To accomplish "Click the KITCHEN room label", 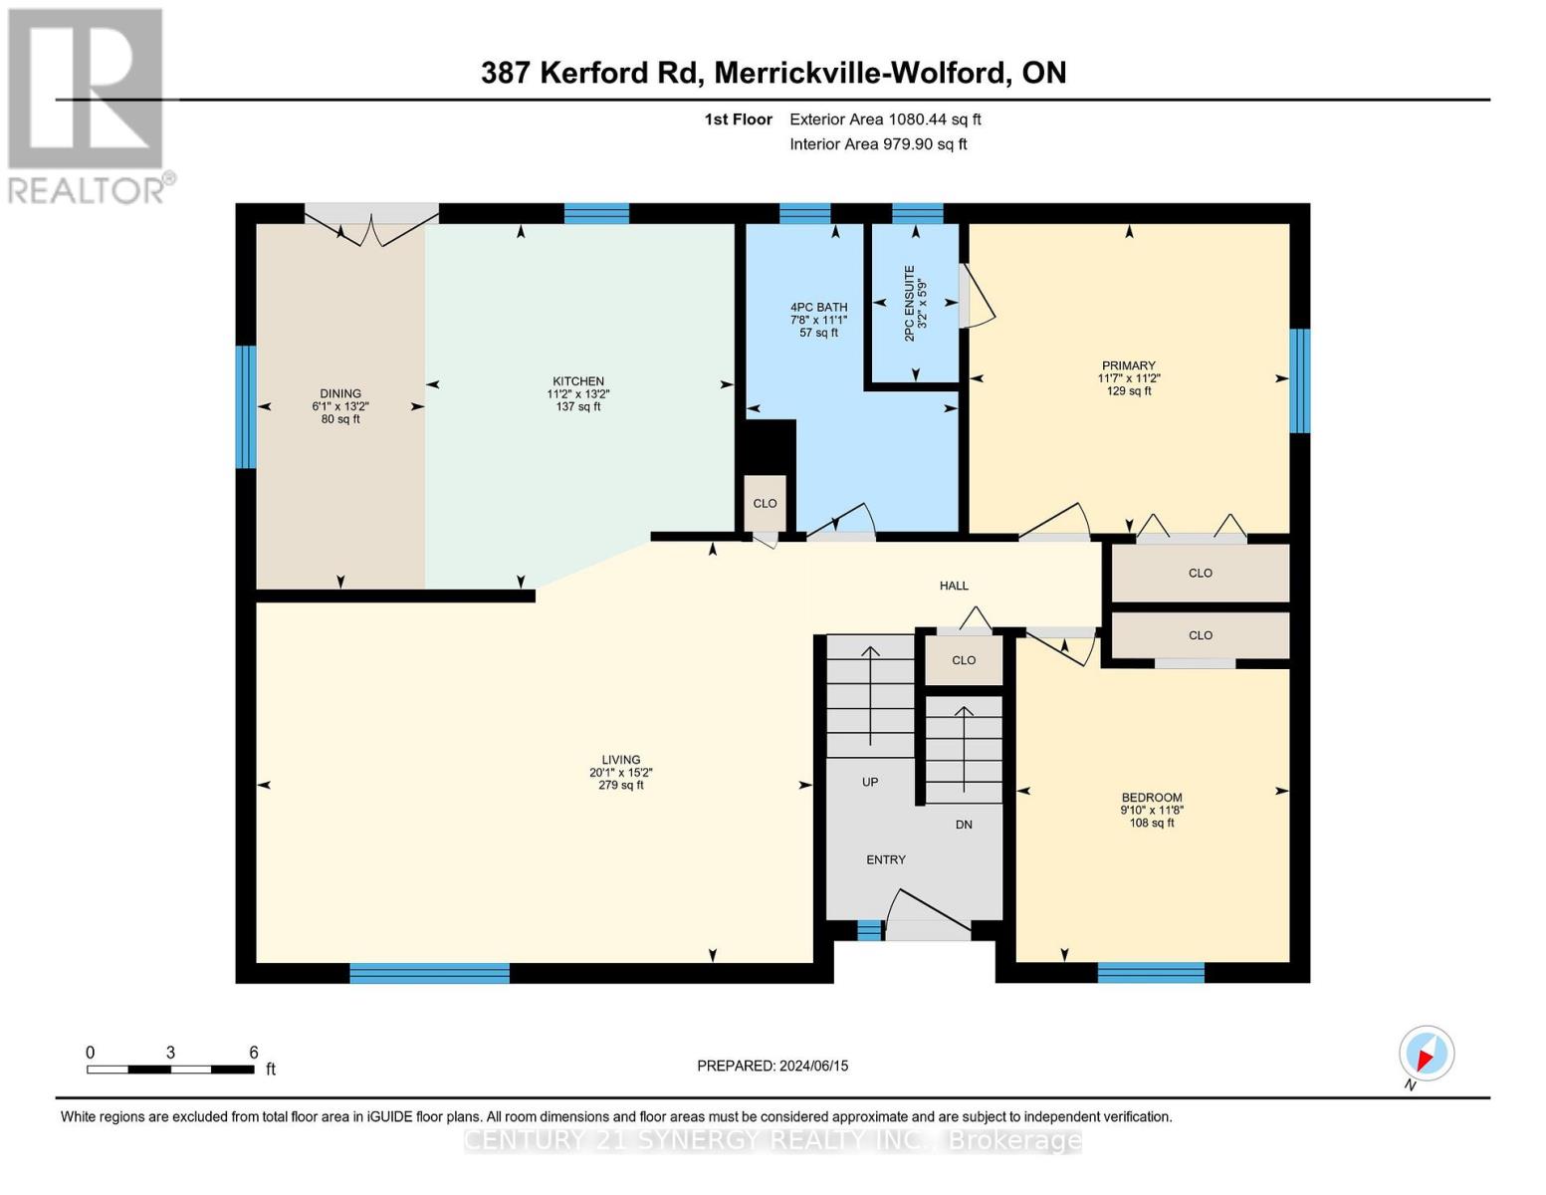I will point(578,381).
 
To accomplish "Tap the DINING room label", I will point(340,393).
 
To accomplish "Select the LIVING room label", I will point(620,760).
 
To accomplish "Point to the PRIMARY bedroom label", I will point(1128,365).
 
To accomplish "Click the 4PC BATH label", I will point(818,308).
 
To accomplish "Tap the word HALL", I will point(954,586).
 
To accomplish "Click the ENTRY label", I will point(886,859).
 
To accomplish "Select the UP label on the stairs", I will point(870,782).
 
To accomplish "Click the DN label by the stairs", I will point(964,825).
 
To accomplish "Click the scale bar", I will point(170,1070).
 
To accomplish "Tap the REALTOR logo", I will point(88,105).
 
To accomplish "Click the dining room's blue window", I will point(245,406).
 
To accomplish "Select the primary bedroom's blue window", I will point(1299,380).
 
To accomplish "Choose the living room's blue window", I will point(429,973).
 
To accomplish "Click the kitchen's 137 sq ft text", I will point(578,406).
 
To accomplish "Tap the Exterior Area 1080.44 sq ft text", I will point(885,119).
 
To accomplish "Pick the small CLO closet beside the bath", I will point(765,503).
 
